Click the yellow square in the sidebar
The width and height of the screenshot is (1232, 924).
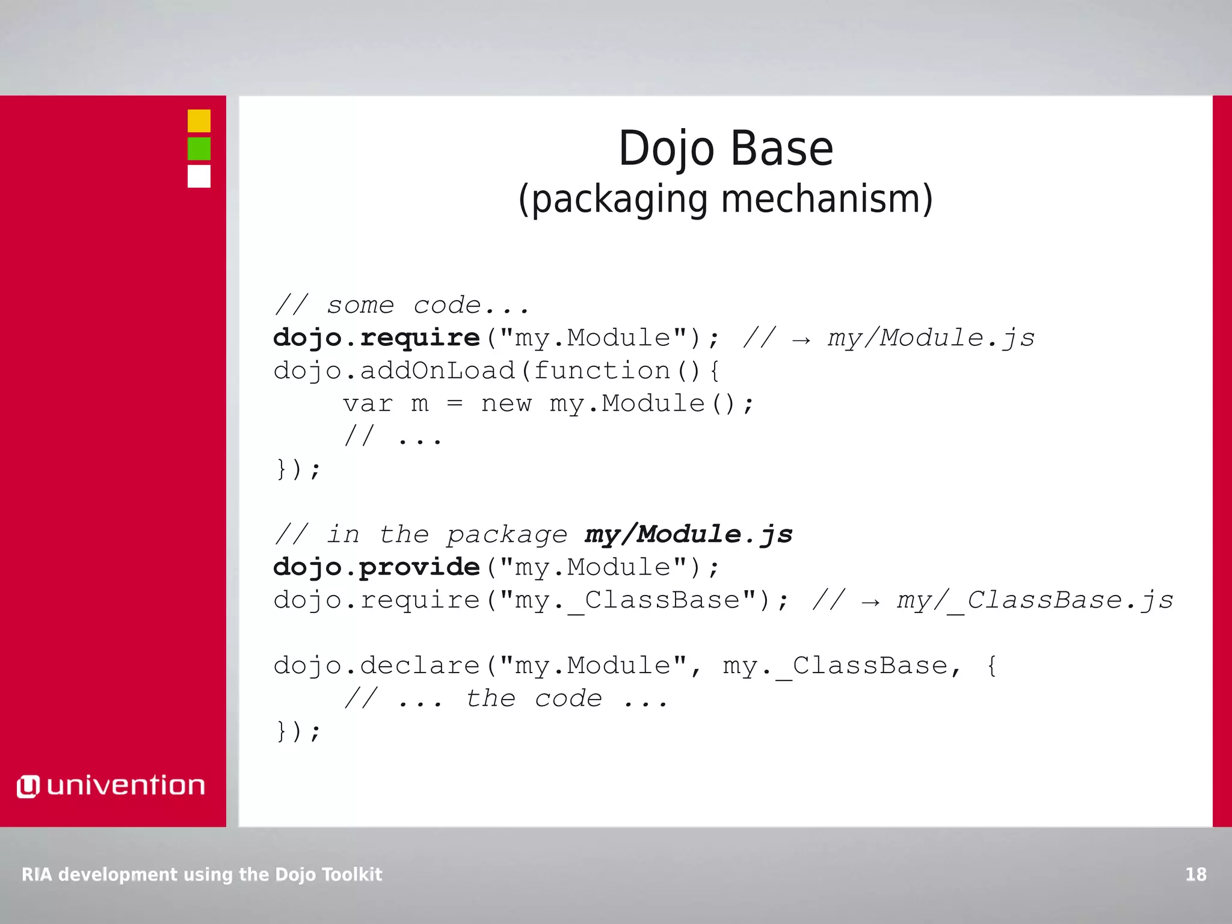click(x=199, y=121)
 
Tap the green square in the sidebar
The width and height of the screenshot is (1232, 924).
click(x=199, y=149)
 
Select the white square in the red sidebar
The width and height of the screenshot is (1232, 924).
click(x=199, y=176)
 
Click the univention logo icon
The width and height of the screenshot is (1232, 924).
click(x=28, y=786)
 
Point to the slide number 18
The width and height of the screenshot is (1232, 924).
click(x=1195, y=874)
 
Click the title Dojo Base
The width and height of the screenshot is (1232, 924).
click(x=725, y=149)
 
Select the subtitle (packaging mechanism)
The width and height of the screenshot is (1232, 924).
click(x=725, y=199)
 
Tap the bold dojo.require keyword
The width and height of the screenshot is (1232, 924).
click(x=377, y=338)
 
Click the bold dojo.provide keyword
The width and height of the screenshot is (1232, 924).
click(x=377, y=567)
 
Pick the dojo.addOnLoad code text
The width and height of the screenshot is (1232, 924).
click(x=394, y=371)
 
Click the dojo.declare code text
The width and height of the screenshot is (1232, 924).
click(x=377, y=666)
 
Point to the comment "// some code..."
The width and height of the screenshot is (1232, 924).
click(x=402, y=306)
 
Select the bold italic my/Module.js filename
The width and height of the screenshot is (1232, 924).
click(x=688, y=534)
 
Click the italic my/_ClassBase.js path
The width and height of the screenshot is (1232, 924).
click(x=1035, y=600)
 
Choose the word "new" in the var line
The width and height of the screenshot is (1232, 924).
click(x=506, y=404)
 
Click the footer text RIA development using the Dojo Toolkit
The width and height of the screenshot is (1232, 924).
click(x=202, y=874)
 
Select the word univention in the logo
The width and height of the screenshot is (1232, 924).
click(x=126, y=786)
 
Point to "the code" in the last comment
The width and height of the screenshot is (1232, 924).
click(x=534, y=699)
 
